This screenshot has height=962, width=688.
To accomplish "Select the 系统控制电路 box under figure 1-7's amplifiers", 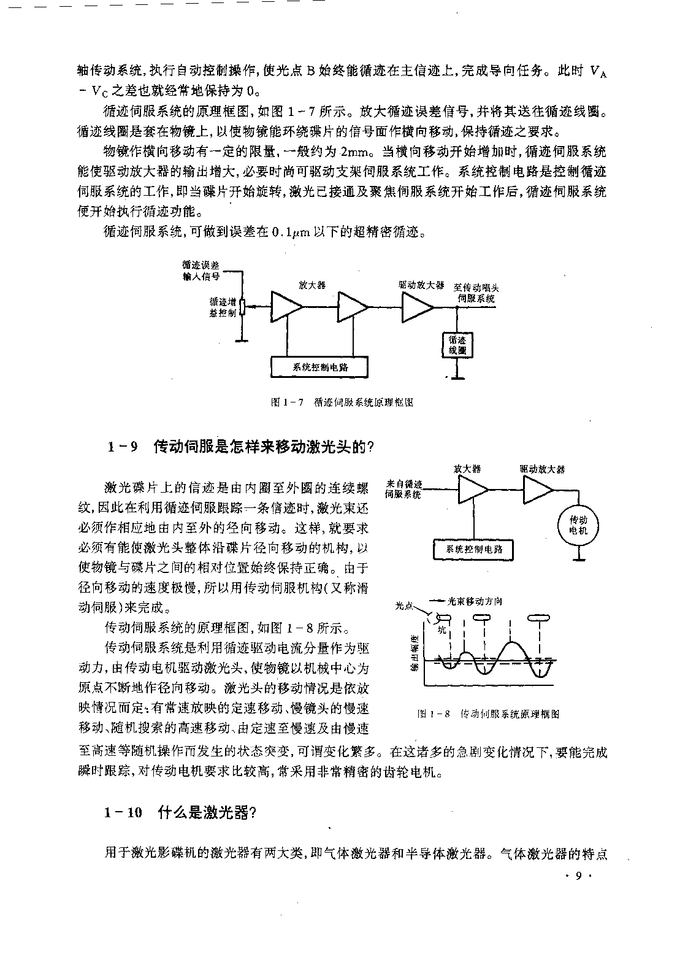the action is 319,367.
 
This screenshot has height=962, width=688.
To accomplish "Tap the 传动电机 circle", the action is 578,525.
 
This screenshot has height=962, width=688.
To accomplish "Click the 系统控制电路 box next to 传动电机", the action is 473,550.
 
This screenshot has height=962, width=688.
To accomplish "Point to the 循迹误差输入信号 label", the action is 201,271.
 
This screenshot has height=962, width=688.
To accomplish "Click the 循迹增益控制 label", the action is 223,307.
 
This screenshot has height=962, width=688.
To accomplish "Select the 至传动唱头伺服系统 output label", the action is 476,293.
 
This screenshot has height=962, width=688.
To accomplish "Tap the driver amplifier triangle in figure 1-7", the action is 417,307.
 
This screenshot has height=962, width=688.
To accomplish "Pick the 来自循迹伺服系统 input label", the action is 403,489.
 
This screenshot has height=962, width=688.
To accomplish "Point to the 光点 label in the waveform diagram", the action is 403,606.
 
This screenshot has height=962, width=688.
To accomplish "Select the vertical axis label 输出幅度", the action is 415,653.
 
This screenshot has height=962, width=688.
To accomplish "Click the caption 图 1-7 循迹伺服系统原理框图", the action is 342,402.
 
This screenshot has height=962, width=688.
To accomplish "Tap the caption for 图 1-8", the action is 489,714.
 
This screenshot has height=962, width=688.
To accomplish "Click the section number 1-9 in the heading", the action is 122,447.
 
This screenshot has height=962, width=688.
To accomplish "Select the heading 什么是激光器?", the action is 207,812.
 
